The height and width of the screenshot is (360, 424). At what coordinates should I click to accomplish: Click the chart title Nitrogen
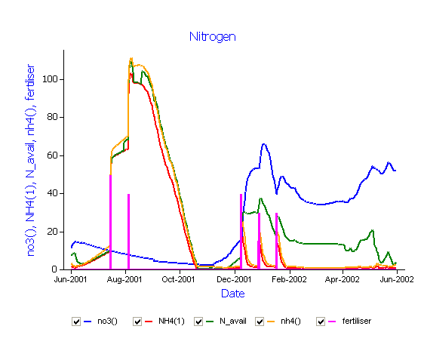click(x=213, y=37)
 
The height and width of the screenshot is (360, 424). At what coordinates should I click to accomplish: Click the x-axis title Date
click(x=233, y=294)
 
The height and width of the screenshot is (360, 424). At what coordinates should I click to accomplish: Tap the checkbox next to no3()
click(x=76, y=322)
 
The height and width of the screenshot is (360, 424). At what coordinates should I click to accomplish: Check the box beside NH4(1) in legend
click(x=137, y=322)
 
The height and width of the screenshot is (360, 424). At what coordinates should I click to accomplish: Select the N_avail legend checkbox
click(x=198, y=322)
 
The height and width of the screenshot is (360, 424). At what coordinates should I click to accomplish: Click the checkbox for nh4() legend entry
click(x=260, y=322)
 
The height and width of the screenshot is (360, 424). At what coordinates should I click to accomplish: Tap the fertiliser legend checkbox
click(x=321, y=322)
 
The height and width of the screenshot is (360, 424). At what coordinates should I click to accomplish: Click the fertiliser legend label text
click(x=357, y=321)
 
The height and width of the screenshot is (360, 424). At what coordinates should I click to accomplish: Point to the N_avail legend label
click(x=233, y=322)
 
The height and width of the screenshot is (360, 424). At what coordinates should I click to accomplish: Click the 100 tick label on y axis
click(x=50, y=79)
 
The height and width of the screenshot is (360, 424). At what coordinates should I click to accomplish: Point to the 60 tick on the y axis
click(x=52, y=155)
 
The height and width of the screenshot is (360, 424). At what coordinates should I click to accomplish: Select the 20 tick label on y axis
click(x=52, y=232)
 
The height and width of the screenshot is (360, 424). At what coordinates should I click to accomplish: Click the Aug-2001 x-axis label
click(x=124, y=279)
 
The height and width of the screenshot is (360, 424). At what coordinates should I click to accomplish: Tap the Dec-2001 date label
click(x=234, y=279)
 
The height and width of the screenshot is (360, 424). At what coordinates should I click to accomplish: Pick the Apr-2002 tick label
click(x=342, y=279)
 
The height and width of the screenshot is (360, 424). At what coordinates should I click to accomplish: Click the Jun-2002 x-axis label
click(x=397, y=279)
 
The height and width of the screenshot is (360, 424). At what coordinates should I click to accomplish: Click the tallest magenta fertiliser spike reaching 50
click(x=111, y=222)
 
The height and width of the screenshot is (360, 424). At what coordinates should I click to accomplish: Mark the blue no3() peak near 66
click(x=264, y=144)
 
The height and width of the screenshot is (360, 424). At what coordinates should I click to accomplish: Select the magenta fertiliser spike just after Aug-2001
click(x=128, y=232)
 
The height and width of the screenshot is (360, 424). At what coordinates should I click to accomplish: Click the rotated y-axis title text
click(x=31, y=160)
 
